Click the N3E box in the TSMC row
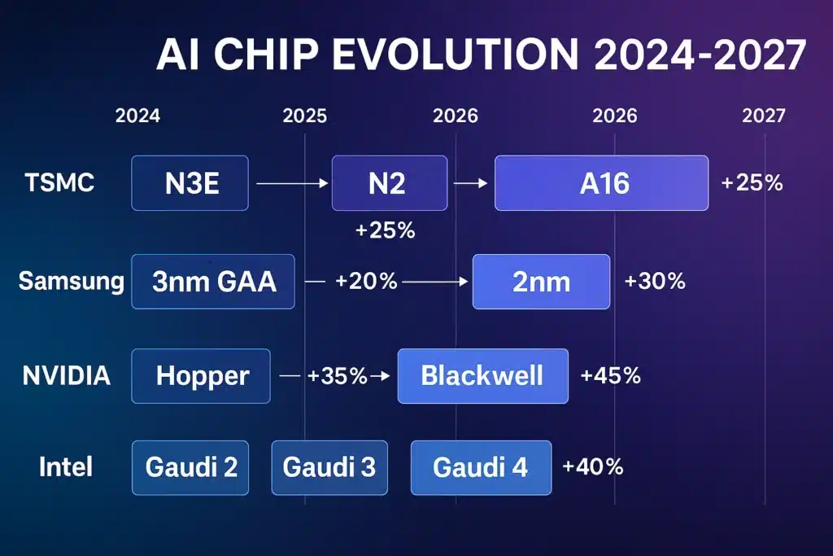pyautogui.click(x=190, y=183)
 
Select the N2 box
pyautogui.click(x=389, y=183)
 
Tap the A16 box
pyautogui.click(x=601, y=183)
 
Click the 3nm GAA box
pyautogui.click(x=213, y=281)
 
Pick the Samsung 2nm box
pyautogui.click(x=541, y=281)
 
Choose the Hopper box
pyautogui.click(x=201, y=375)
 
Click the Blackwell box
pyautogui.click(x=482, y=375)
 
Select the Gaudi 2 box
pyautogui.click(x=191, y=467)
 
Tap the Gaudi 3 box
pyautogui.click(x=329, y=467)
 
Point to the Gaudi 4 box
pyautogui.click(x=481, y=467)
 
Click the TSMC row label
pyautogui.click(x=59, y=182)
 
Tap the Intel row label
pyautogui.click(x=66, y=467)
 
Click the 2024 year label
pyautogui.click(x=137, y=116)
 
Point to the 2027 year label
pyautogui.click(x=764, y=116)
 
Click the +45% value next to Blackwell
pyautogui.click(x=610, y=375)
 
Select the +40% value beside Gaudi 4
pyautogui.click(x=592, y=466)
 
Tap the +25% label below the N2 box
pyautogui.click(x=386, y=230)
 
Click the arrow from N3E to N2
pyautogui.click(x=291, y=185)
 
